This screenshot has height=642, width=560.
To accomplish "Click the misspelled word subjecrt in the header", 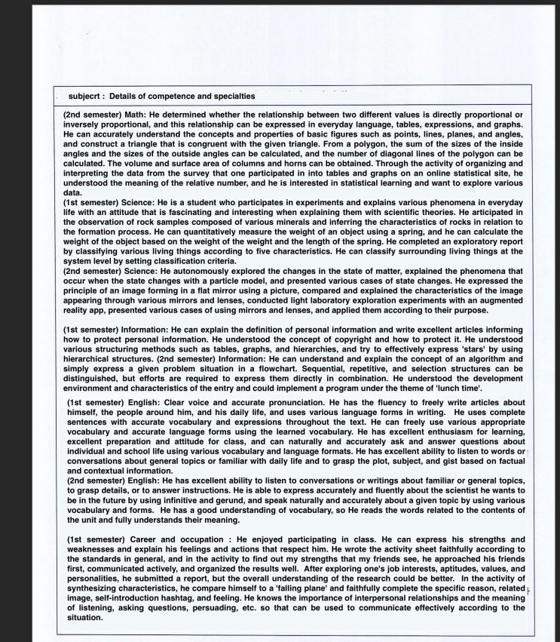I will coord(83,97).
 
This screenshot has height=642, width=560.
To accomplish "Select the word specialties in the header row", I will coord(231,97).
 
